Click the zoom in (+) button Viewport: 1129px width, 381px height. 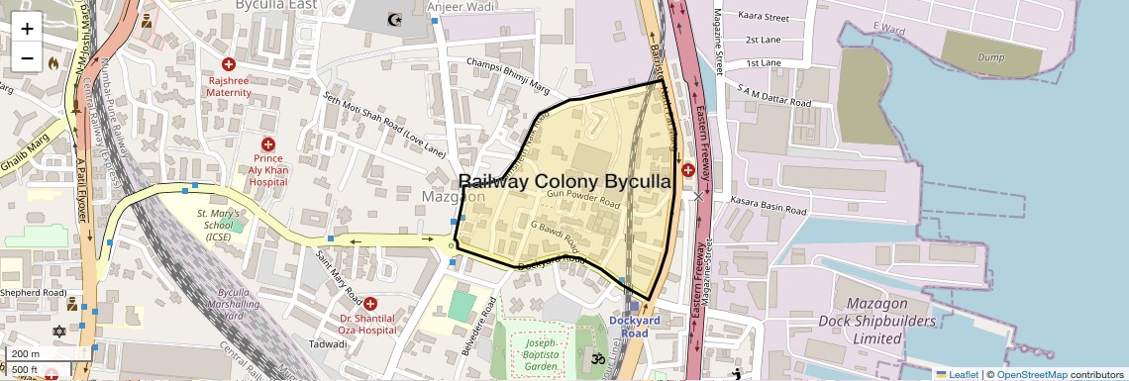click(x=27, y=28)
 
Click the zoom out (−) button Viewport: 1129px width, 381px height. click(x=27, y=57)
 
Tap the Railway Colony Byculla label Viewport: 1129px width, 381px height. click(x=565, y=182)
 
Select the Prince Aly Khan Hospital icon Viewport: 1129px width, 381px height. click(x=268, y=144)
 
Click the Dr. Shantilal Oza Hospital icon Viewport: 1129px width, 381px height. click(x=370, y=303)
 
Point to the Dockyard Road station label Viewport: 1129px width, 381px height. click(x=635, y=327)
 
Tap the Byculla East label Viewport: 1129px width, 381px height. click(x=275, y=5)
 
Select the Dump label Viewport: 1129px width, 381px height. click(x=990, y=57)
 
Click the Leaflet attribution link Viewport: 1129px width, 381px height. click(x=957, y=374)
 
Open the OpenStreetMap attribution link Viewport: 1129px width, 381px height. click(x=1031, y=374)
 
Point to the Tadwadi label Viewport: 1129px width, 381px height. click(x=328, y=344)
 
